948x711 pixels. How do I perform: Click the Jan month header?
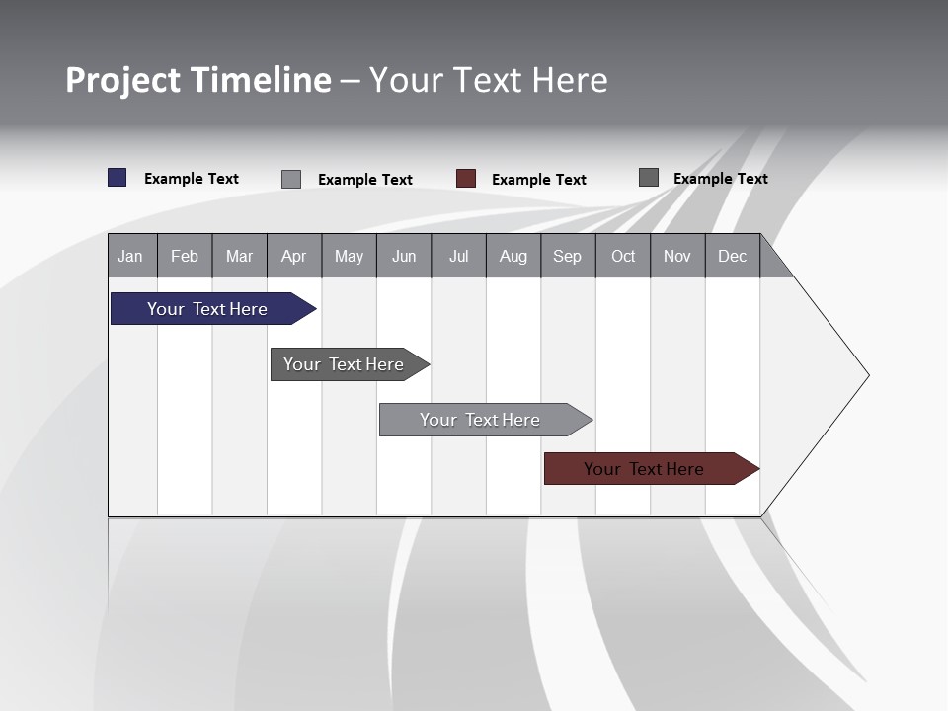point(131,256)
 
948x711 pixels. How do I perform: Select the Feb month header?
point(185,256)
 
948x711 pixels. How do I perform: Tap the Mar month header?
point(239,256)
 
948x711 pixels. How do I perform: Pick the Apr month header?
point(294,256)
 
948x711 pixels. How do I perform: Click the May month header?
point(349,256)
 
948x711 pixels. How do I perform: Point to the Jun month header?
point(404,256)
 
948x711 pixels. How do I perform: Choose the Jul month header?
point(458,256)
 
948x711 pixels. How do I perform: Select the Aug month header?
point(513,256)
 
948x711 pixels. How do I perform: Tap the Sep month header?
point(568,256)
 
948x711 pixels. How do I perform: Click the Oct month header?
point(623,256)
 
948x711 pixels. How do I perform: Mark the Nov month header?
point(677,256)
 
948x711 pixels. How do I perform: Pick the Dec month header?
point(733,256)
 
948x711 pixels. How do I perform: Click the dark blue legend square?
point(118,178)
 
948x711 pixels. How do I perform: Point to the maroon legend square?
point(466,179)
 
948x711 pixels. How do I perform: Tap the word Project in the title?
point(123,80)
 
